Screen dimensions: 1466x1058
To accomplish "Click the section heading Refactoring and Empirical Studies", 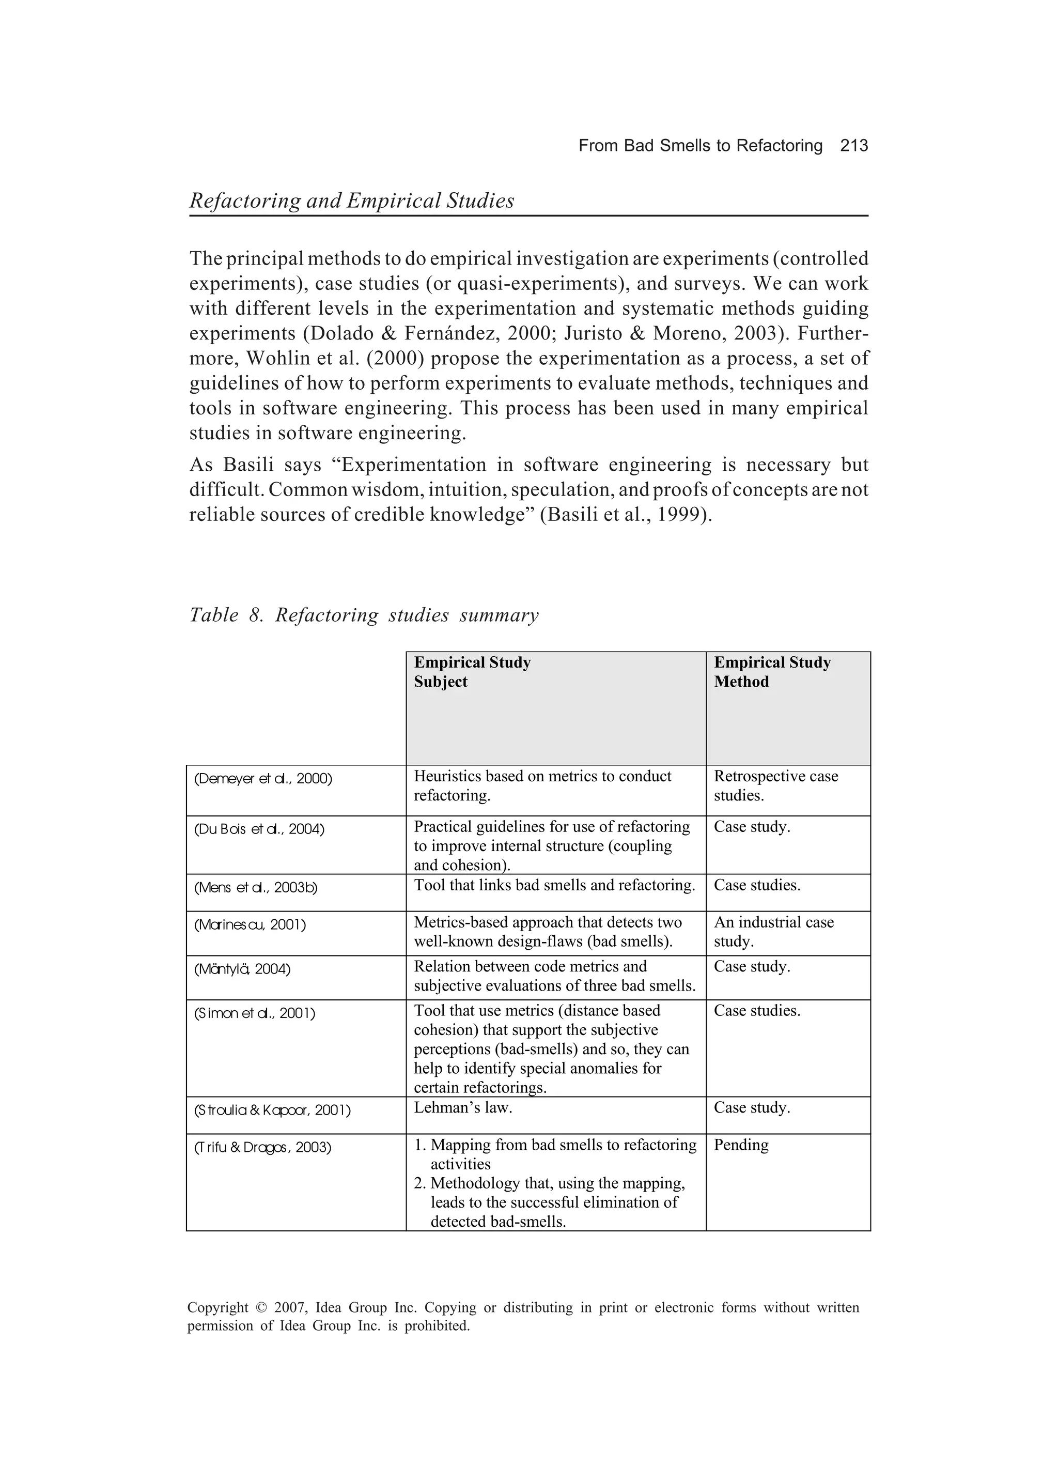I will pos(352,200).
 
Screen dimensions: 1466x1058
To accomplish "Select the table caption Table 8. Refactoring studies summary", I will pos(363,615).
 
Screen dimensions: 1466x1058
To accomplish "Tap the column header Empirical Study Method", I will pos(772,672).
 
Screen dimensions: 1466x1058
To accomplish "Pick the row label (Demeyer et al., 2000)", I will pos(263,779).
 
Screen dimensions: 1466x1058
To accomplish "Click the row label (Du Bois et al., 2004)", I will pos(259,829).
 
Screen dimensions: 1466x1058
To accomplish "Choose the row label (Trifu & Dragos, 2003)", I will pos(262,1148).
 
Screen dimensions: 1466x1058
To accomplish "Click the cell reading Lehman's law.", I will pos(463,1108).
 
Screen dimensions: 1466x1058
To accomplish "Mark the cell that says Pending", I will pos(741,1146).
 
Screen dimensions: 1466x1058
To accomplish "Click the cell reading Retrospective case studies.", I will pos(775,785).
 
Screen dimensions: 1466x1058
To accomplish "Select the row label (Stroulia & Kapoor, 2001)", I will pos(272,1110).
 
